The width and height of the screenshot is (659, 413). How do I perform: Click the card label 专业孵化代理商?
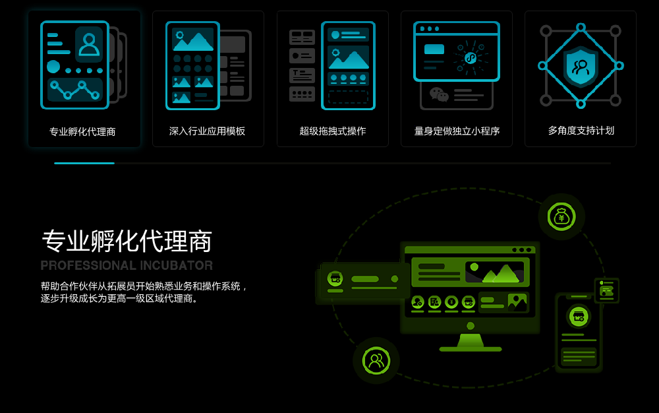pyautogui.click(x=82, y=132)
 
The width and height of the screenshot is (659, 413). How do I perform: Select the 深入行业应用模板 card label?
pyautogui.click(x=207, y=131)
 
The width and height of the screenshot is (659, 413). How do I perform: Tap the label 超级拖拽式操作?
pyautogui.click(x=332, y=131)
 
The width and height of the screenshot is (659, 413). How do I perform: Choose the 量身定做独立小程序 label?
pyautogui.click(x=457, y=131)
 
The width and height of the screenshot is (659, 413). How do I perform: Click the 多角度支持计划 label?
pyautogui.click(x=581, y=131)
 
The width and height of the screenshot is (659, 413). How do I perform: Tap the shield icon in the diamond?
pyautogui.click(x=581, y=66)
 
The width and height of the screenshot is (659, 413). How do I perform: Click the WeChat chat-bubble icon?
pyautogui.click(x=439, y=94)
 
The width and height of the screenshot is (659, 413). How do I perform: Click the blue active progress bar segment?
pyautogui.click(x=84, y=163)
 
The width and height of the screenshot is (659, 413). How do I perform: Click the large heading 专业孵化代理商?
pyautogui.click(x=127, y=241)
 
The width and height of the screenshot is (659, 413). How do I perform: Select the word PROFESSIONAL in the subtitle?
pyautogui.click(x=88, y=265)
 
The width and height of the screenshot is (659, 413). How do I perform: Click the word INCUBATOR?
pyautogui.click(x=177, y=265)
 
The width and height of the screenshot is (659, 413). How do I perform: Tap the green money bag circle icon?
pyautogui.click(x=561, y=216)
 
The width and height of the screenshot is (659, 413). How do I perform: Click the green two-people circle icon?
pyautogui.click(x=376, y=360)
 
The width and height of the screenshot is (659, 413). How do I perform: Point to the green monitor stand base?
pyautogui.click(x=471, y=349)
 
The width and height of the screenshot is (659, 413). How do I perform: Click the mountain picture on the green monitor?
pyautogui.click(x=495, y=272)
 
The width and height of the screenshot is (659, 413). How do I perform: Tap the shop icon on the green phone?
pyautogui.click(x=579, y=316)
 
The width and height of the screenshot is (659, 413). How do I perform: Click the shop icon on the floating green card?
pyautogui.click(x=335, y=278)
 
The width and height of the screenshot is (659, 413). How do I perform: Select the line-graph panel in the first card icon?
pyautogui.click(x=75, y=90)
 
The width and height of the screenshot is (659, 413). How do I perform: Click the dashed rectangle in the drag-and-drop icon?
pyautogui.click(x=348, y=97)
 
